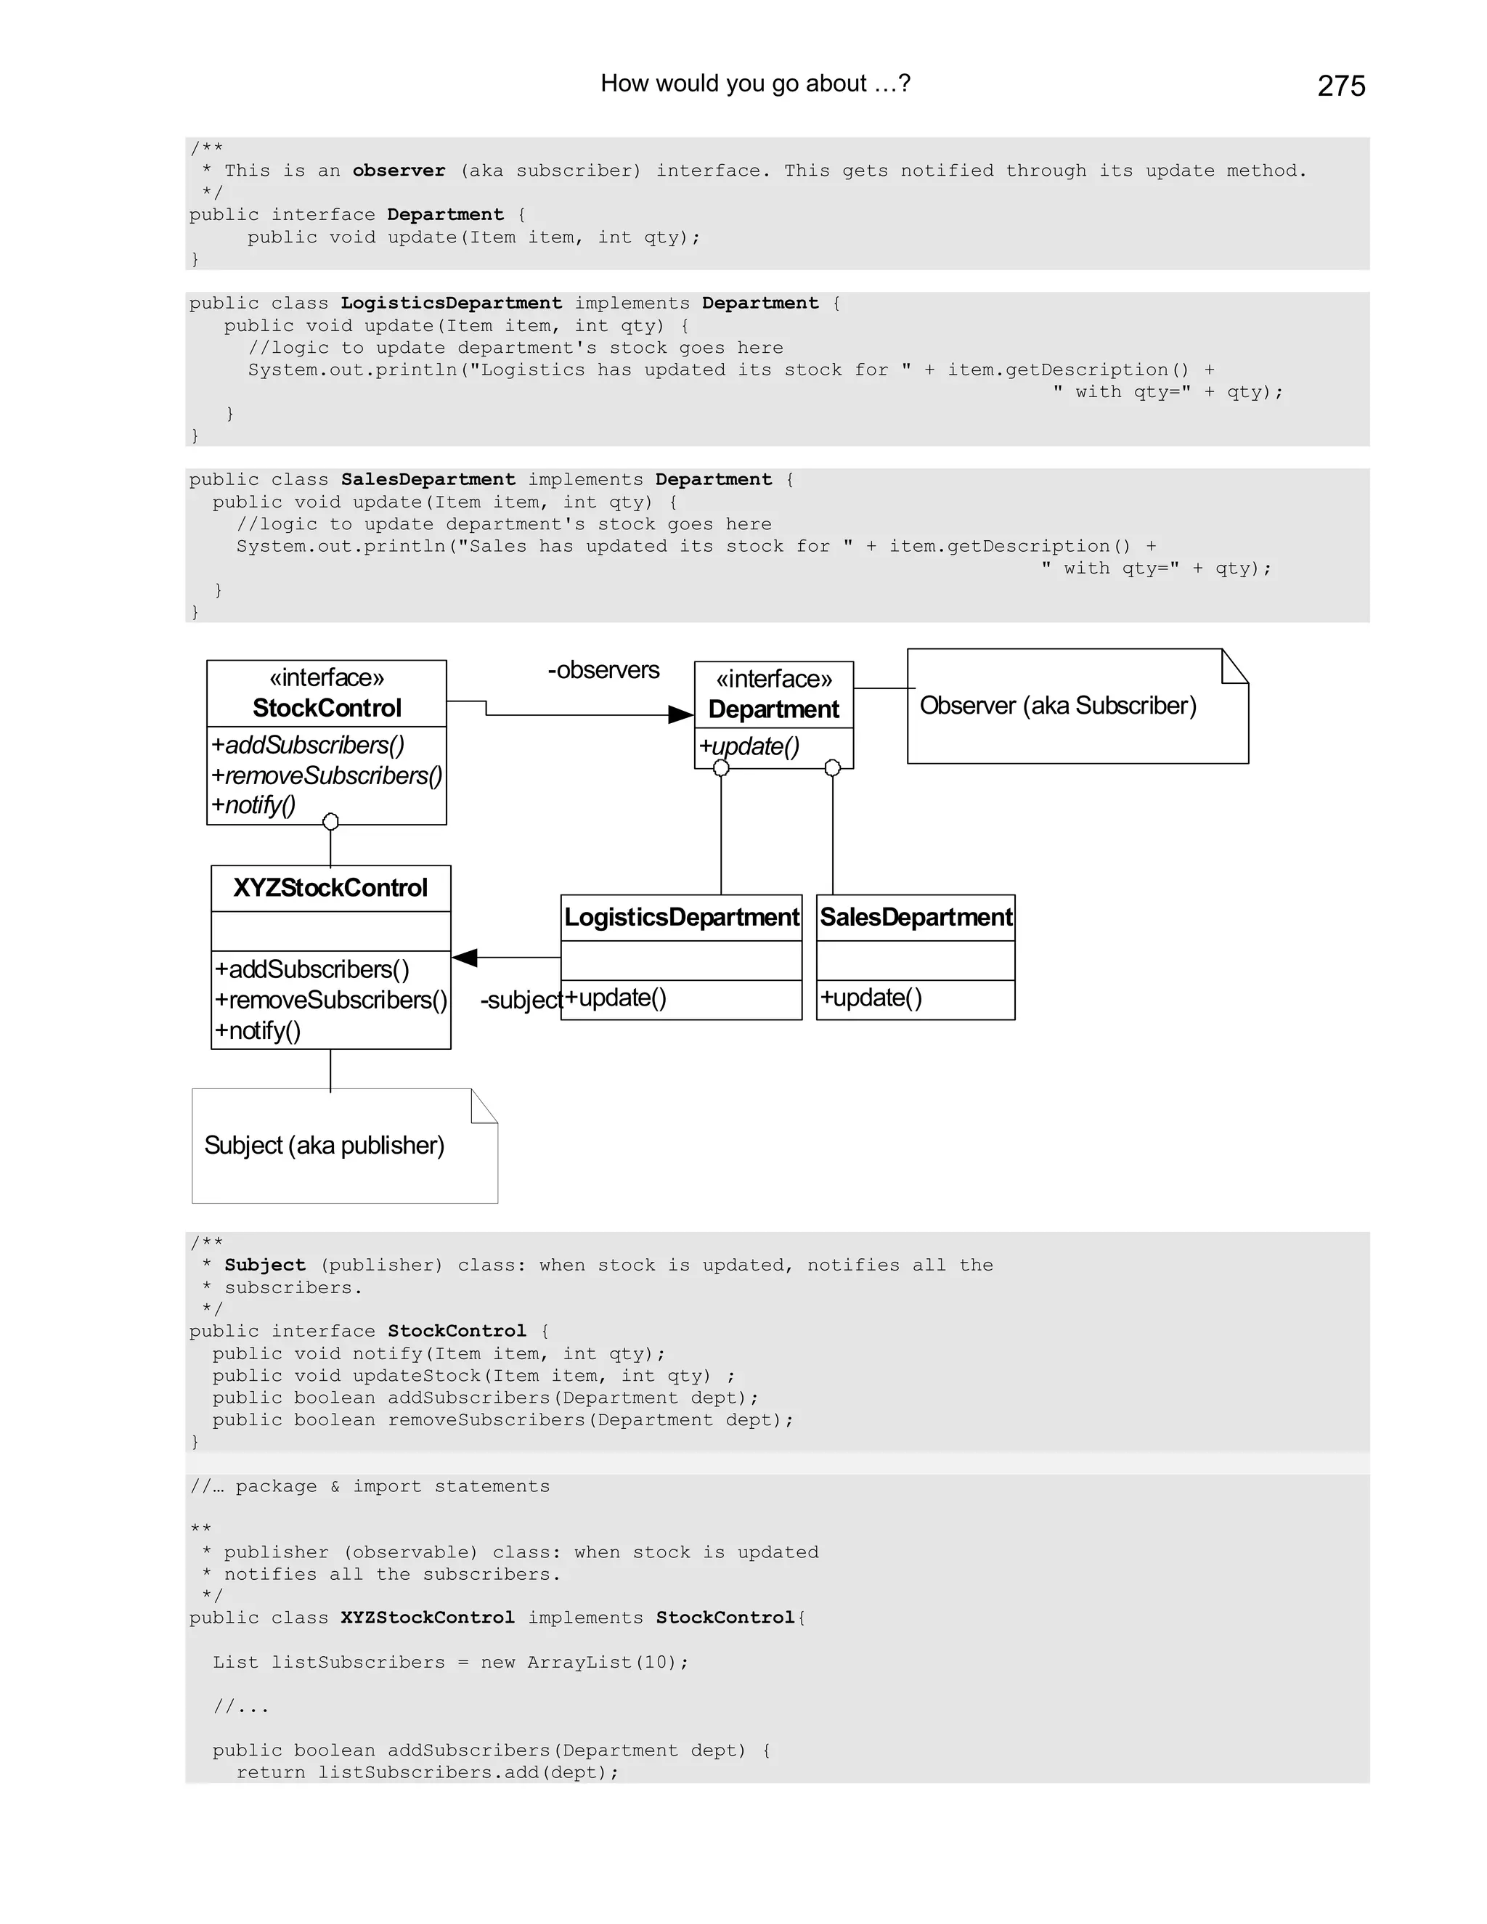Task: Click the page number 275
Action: pos(1341,86)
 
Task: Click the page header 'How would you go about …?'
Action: pos(755,83)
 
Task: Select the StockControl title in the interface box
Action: pos(327,709)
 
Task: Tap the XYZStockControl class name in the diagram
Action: pos(330,888)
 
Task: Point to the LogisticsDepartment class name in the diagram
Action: pos(681,918)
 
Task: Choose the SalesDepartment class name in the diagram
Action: pos(916,918)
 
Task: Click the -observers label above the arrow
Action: pos(603,670)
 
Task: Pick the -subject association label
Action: pos(521,1000)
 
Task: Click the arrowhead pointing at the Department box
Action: pos(680,714)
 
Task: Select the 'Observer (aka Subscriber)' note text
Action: pos(1058,706)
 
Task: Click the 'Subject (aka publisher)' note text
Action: pos(324,1145)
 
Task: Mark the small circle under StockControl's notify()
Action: pos(330,822)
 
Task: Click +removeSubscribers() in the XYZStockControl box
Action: pos(331,1000)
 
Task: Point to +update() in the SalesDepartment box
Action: pos(871,998)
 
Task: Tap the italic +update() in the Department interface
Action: pos(749,747)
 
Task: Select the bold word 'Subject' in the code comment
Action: pos(265,1265)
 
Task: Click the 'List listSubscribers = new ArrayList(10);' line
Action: pos(450,1663)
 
